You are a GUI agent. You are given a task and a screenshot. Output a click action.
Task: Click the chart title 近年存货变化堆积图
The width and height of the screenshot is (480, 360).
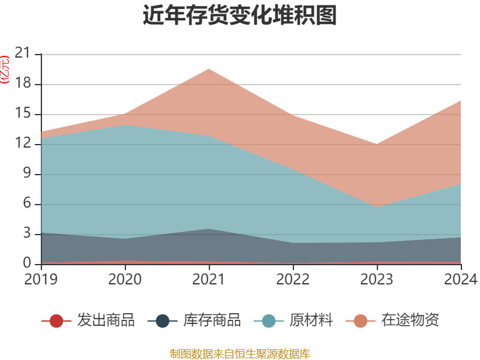(239, 16)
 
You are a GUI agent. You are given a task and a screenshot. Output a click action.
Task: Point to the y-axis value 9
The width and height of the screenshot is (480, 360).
(27, 174)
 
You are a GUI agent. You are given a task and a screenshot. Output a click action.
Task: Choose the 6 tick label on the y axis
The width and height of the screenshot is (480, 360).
(27, 204)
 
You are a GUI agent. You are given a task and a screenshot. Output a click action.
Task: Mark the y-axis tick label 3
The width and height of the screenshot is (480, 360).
(27, 234)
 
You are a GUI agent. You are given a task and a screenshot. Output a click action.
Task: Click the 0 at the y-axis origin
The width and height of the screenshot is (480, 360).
(27, 263)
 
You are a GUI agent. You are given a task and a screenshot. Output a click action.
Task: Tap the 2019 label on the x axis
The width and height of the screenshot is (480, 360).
(41, 280)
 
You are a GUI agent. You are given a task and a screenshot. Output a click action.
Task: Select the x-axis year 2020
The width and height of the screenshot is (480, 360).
(125, 280)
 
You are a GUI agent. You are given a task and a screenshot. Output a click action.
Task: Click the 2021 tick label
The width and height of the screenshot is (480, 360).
(209, 280)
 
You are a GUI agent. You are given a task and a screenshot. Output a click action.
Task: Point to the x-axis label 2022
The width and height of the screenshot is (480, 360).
(293, 280)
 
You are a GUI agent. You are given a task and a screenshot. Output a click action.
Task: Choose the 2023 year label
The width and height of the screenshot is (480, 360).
(377, 280)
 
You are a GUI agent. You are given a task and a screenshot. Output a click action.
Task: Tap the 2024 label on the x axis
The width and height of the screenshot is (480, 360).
(461, 280)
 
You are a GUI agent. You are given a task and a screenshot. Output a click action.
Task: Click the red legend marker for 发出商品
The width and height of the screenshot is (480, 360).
(56, 321)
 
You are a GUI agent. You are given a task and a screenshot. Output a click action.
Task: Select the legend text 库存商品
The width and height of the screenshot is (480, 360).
(212, 320)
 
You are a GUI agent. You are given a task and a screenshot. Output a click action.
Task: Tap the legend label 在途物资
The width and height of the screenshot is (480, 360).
(410, 320)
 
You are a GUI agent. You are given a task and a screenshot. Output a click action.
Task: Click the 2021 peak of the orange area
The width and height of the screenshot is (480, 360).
(209, 69)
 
